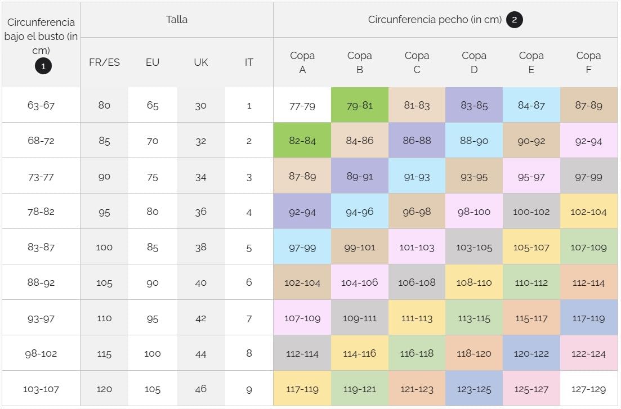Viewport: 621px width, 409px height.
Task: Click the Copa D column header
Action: [x=473, y=62]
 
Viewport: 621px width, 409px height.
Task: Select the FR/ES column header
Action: [x=104, y=62]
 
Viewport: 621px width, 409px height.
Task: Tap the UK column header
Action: [x=201, y=62]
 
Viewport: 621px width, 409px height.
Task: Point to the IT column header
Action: [x=249, y=62]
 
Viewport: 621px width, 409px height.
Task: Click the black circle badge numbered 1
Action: [x=43, y=66]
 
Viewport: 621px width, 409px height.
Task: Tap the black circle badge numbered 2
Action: [x=514, y=20]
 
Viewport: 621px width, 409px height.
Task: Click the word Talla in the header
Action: [x=177, y=20]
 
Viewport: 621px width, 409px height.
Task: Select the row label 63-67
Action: [x=41, y=105]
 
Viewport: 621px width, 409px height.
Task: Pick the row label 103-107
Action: [x=41, y=389]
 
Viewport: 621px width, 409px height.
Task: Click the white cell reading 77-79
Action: [x=302, y=105]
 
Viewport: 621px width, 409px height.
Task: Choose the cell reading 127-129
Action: [x=588, y=389]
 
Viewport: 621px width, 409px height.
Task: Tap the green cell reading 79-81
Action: [x=360, y=105]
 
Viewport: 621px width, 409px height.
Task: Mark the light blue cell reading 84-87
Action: [x=531, y=105]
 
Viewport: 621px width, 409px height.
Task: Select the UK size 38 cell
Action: [x=201, y=247]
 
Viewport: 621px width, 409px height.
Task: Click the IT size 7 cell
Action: [x=249, y=318]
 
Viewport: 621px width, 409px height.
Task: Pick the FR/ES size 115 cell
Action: [x=104, y=353]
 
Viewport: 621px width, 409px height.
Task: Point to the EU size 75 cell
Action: [x=153, y=176]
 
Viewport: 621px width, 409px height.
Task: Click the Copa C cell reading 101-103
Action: [x=417, y=247]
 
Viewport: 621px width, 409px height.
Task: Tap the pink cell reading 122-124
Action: [x=588, y=353]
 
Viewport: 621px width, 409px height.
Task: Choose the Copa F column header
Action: [x=588, y=62]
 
